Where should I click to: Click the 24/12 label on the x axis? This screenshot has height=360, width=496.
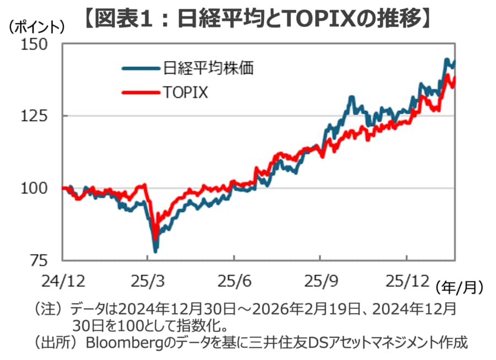tap(62, 281)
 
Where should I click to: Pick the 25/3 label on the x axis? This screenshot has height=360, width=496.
tap(148, 281)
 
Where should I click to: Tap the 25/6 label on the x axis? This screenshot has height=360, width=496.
tap(234, 281)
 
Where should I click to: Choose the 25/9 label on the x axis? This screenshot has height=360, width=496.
tap(320, 281)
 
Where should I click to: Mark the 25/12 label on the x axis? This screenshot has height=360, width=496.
tap(406, 281)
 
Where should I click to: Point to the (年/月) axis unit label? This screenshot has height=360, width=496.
tap(459, 287)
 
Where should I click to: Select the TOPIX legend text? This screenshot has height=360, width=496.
tap(185, 92)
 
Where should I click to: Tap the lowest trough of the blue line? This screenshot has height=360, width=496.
tap(156, 251)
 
